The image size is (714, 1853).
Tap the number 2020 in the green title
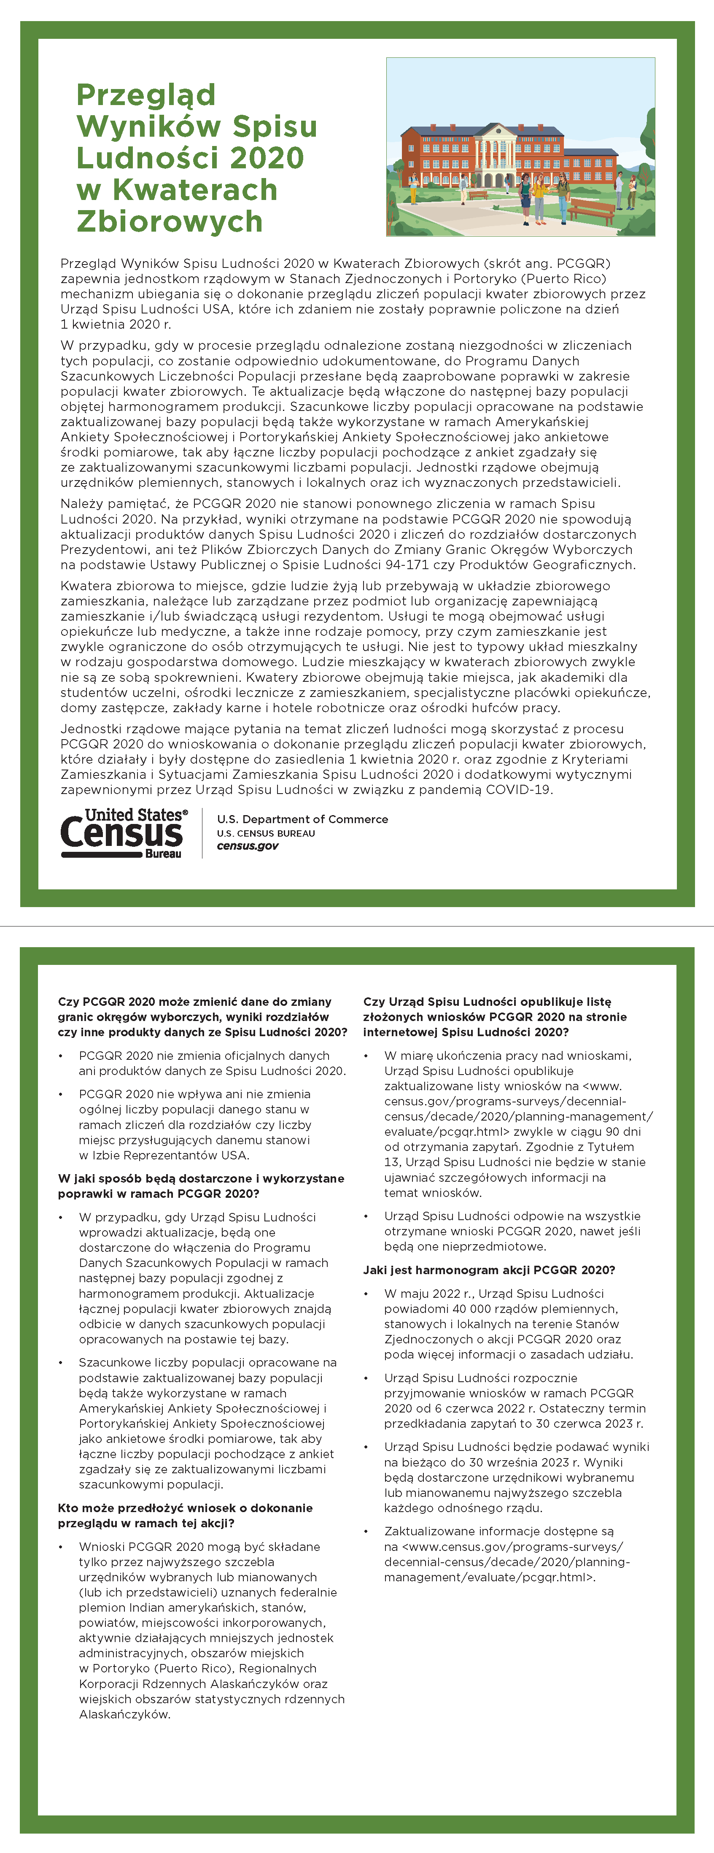click(x=267, y=158)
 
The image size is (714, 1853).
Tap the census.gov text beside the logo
click(x=247, y=846)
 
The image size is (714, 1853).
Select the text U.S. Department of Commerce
click(x=302, y=819)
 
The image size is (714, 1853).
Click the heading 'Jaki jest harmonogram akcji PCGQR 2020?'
click(x=488, y=1270)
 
